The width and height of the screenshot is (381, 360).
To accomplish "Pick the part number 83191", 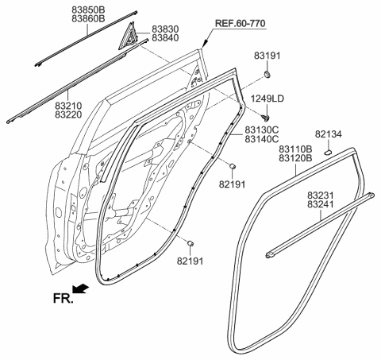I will (269, 57).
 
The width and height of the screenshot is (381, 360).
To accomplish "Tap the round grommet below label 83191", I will (267, 75).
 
